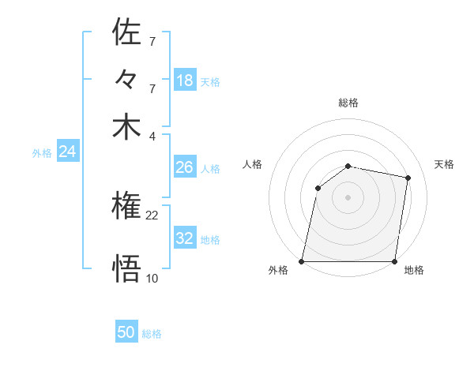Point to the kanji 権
[x=126, y=207]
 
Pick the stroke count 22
[x=152, y=215]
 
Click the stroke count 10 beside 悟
[x=152, y=277]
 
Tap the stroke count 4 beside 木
[x=152, y=135]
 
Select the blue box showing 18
[x=185, y=80]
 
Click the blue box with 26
[x=184, y=167]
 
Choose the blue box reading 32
[x=184, y=238]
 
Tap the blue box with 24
[x=67, y=152]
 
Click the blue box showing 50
[x=126, y=332]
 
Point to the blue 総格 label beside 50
[x=152, y=334]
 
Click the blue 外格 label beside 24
[x=42, y=153]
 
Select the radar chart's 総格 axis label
[x=348, y=103]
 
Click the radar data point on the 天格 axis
[x=408, y=178]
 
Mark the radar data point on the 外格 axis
[x=302, y=261]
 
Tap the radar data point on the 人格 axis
[x=318, y=188]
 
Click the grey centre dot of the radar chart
[x=348, y=197]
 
